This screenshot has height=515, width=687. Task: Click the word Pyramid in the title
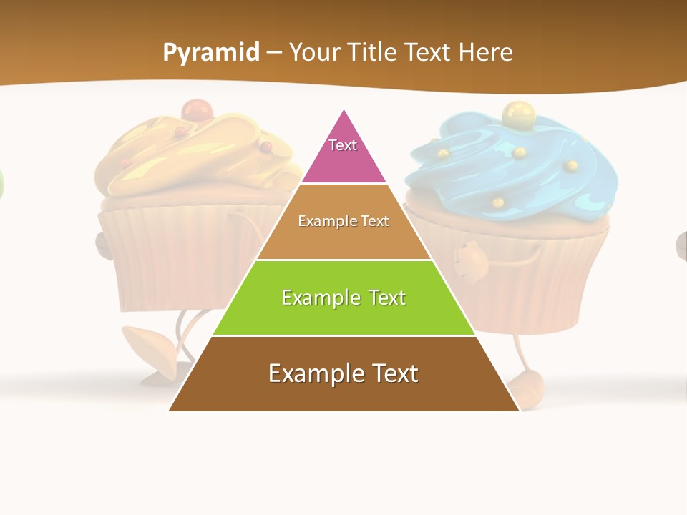coord(210,53)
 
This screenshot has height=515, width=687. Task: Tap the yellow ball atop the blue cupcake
coord(515,112)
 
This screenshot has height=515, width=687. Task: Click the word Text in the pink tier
coord(343,145)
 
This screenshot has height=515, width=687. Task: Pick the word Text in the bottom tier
coord(391,373)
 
